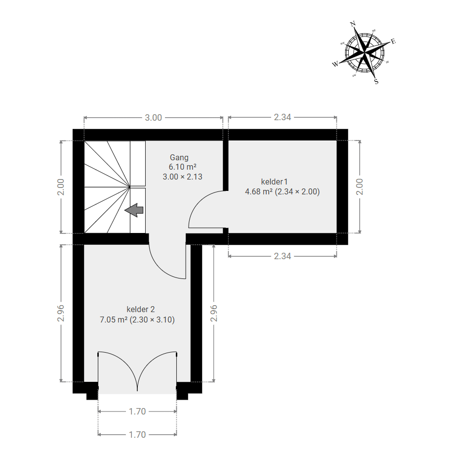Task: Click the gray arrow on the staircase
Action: click(x=134, y=210)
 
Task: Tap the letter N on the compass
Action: click(x=353, y=23)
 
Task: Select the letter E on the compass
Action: click(x=393, y=42)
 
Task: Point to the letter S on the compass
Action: click(x=376, y=82)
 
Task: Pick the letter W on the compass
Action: click(x=335, y=64)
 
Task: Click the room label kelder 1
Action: click(x=272, y=182)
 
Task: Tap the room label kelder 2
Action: click(x=141, y=309)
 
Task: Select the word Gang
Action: click(x=179, y=157)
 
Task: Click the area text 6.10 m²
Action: click(x=182, y=167)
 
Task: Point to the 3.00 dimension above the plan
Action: click(x=154, y=118)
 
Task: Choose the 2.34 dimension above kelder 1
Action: click(x=283, y=117)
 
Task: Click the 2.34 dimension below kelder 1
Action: click(x=283, y=256)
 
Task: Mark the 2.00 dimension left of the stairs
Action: click(x=61, y=187)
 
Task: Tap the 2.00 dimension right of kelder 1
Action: click(x=360, y=187)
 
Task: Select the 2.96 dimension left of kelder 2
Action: click(x=61, y=313)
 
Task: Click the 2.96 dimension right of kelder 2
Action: click(x=214, y=313)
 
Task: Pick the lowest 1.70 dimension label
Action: click(x=137, y=435)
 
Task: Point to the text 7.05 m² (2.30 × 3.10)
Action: click(x=137, y=320)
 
